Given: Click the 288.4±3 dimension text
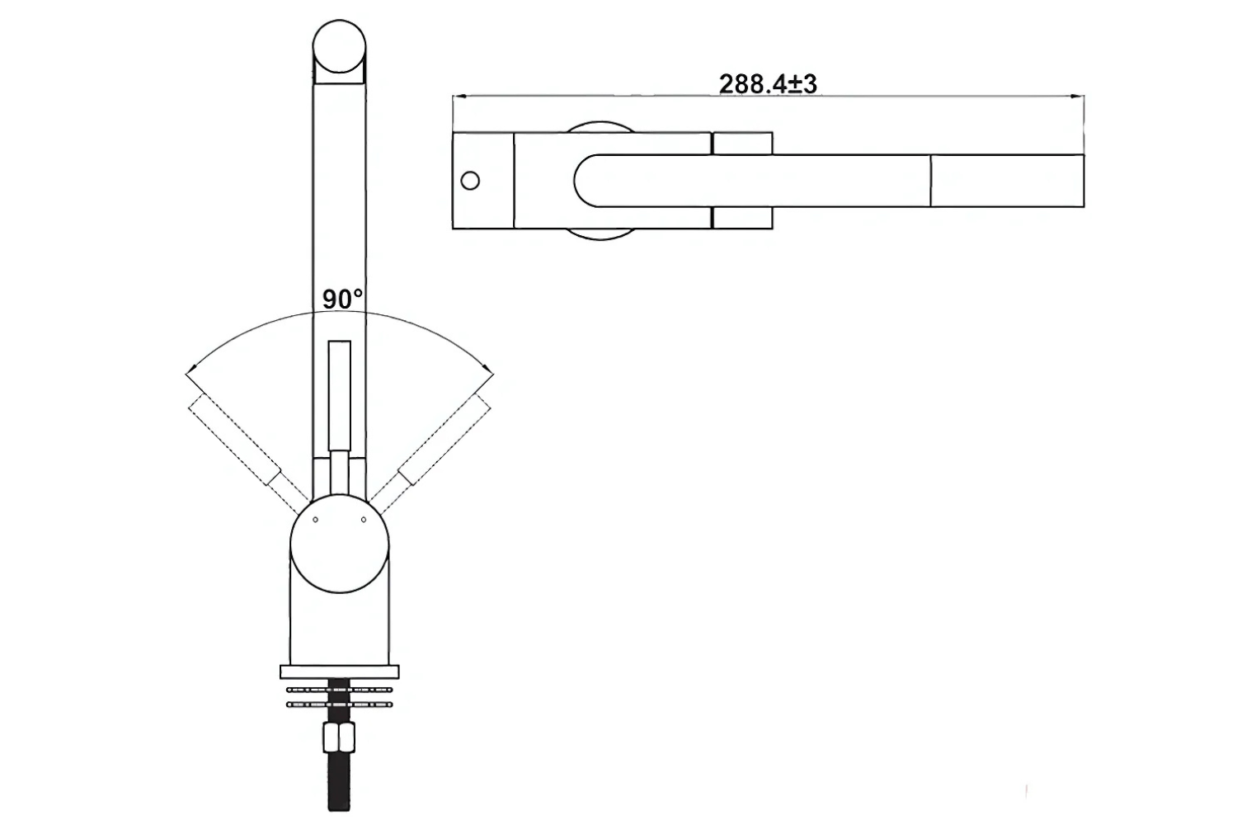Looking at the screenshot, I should (767, 84).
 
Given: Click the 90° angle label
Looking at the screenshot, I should (341, 299).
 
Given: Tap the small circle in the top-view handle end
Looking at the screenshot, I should (470, 180).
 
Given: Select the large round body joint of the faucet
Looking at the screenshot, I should (339, 543).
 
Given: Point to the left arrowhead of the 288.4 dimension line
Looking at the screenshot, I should (458, 97).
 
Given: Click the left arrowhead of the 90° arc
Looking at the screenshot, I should (191, 370).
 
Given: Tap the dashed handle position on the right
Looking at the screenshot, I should (444, 438).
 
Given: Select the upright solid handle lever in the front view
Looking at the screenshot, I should (339, 396).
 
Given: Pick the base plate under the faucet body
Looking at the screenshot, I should (339, 672).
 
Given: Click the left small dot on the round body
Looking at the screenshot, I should (315, 519).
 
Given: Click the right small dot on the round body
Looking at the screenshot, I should (364, 519).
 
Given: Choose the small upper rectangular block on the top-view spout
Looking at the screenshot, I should (742, 143).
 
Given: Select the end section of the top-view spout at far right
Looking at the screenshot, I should (1006, 180).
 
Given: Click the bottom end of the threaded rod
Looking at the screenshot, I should (339, 804).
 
